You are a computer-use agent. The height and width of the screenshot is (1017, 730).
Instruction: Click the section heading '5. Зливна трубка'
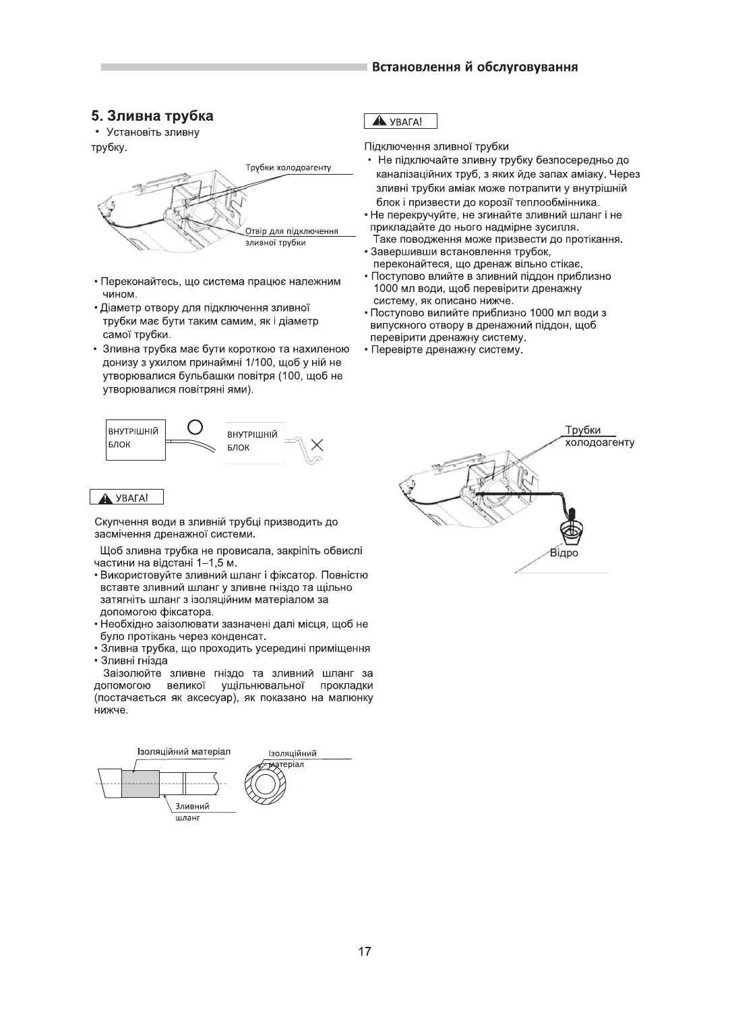(x=152, y=115)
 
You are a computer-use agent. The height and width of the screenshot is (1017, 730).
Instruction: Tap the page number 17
(x=364, y=952)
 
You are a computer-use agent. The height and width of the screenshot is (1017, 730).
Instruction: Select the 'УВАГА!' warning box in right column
(x=400, y=121)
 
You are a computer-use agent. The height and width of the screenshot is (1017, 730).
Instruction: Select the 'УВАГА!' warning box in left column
(x=127, y=498)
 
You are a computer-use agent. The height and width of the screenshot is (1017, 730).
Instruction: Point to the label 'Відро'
(x=564, y=554)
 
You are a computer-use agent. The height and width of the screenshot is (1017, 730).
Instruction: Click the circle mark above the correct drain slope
(x=195, y=426)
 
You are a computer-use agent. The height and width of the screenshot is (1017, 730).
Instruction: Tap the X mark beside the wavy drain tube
(x=317, y=445)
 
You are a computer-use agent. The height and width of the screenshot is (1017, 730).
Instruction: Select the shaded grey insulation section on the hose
(x=140, y=784)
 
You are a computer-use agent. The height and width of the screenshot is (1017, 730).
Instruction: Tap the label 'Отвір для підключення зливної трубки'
(x=291, y=237)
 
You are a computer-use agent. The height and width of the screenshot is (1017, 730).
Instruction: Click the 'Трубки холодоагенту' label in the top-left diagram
(x=288, y=167)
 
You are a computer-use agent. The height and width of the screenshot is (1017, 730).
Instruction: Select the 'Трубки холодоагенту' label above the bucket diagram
(x=599, y=437)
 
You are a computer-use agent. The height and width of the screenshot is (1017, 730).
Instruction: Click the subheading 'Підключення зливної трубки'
(x=436, y=146)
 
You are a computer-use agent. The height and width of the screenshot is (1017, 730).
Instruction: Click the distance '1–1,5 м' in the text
(x=217, y=563)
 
